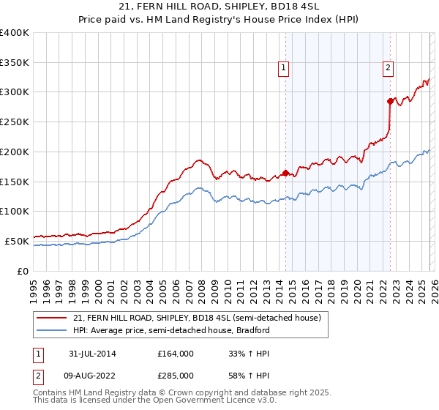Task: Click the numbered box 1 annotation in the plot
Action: [x=283, y=68]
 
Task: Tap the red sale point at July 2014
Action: [x=285, y=174]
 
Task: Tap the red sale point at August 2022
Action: [x=390, y=101]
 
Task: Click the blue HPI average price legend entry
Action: [x=171, y=330]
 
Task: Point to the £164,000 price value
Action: [x=176, y=354]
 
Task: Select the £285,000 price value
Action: [x=176, y=375]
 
